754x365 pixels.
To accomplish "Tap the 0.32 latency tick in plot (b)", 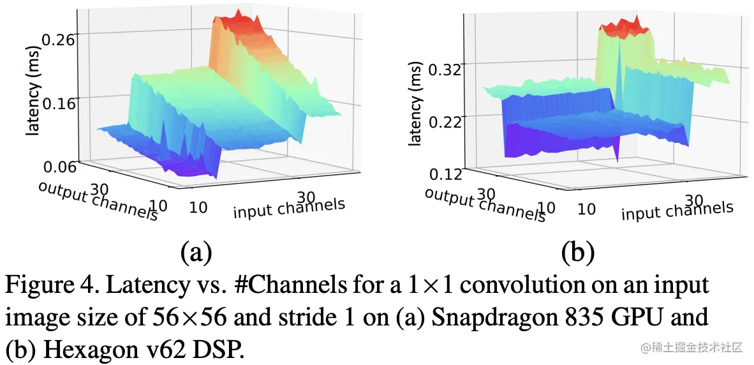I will point(444,71).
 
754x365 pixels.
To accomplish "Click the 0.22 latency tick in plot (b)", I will point(444,122).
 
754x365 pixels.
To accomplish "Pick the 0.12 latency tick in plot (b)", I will point(444,174).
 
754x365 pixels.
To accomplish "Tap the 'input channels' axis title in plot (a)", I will point(289,208).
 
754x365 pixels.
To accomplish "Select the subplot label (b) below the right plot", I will point(578,253).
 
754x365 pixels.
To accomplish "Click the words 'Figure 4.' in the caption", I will point(47,285).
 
